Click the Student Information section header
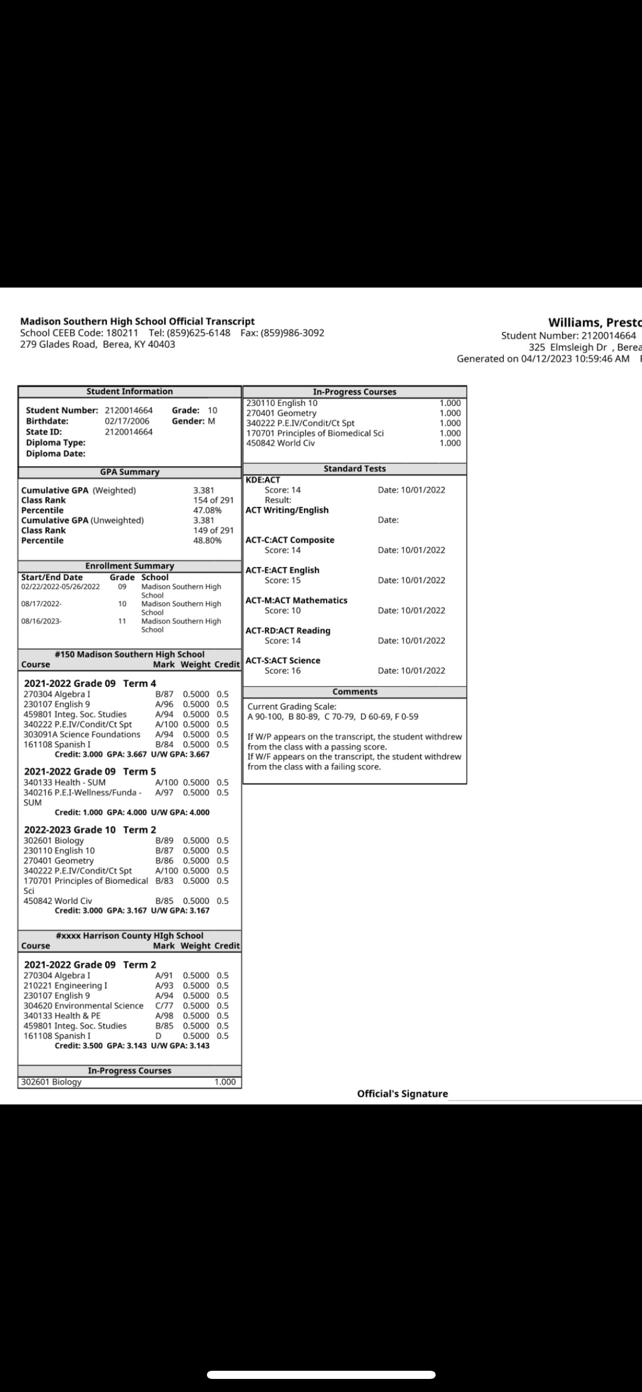pos(129,391)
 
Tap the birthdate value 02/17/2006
pos(127,421)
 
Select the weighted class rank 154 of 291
pos(213,500)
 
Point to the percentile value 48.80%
pos(207,540)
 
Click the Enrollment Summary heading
pos(130,566)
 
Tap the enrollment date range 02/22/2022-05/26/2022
pos(60,587)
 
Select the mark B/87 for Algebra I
pos(164,694)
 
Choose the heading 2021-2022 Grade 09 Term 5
pos(90,771)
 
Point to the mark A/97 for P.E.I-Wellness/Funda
pos(164,792)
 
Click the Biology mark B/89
pos(164,840)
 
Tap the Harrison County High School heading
pos(130,936)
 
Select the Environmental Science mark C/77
pos(164,1005)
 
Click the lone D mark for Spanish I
pos(159,1036)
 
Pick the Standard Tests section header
pos(354,468)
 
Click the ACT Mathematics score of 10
pos(283,610)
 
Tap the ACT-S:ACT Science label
pos(283,660)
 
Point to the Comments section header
pos(354,692)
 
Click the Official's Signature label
pos(402,1094)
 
